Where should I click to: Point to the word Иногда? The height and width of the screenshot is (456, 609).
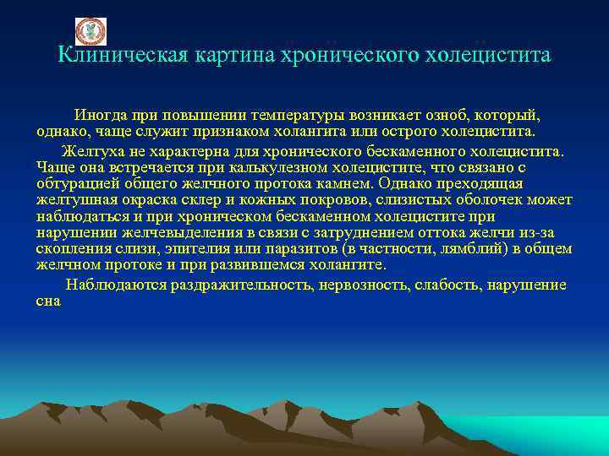[x=101, y=114]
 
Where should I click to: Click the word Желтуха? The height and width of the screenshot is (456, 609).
[x=93, y=151]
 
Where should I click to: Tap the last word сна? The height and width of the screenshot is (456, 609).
[x=49, y=301]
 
